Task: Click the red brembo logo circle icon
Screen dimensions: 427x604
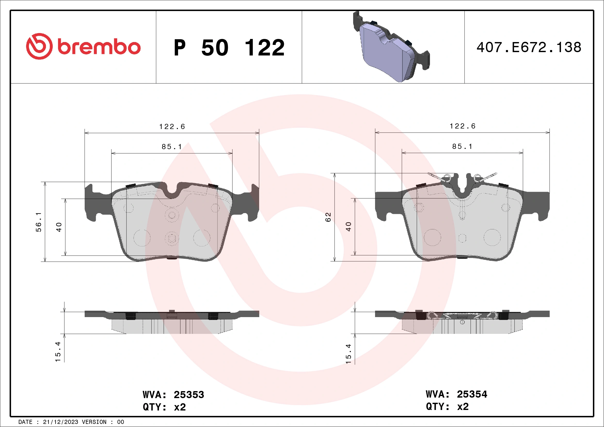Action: (x=39, y=46)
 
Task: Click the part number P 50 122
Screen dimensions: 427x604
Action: (x=229, y=47)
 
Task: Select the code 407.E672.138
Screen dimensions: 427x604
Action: (x=529, y=47)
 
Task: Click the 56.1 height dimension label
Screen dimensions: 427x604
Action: (x=38, y=222)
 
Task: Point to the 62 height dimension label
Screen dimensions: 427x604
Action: (x=328, y=217)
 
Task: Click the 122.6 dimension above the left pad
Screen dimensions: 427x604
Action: (x=172, y=127)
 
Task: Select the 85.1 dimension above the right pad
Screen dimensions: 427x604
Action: (x=462, y=147)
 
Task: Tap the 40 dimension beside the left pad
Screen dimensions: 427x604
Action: (x=59, y=227)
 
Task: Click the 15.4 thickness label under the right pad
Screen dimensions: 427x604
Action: (x=348, y=354)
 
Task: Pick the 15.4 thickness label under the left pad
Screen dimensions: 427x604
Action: (x=58, y=352)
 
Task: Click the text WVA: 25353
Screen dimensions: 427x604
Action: (x=173, y=395)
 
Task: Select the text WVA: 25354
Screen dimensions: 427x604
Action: (x=456, y=394)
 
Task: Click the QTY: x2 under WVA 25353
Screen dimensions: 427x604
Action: (x=164, y=407)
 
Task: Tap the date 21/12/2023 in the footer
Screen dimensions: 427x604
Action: (x=60, y=422)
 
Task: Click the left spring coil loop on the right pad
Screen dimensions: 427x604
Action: (x=447, y=178)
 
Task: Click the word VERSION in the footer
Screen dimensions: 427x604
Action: (x=94, y=422)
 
